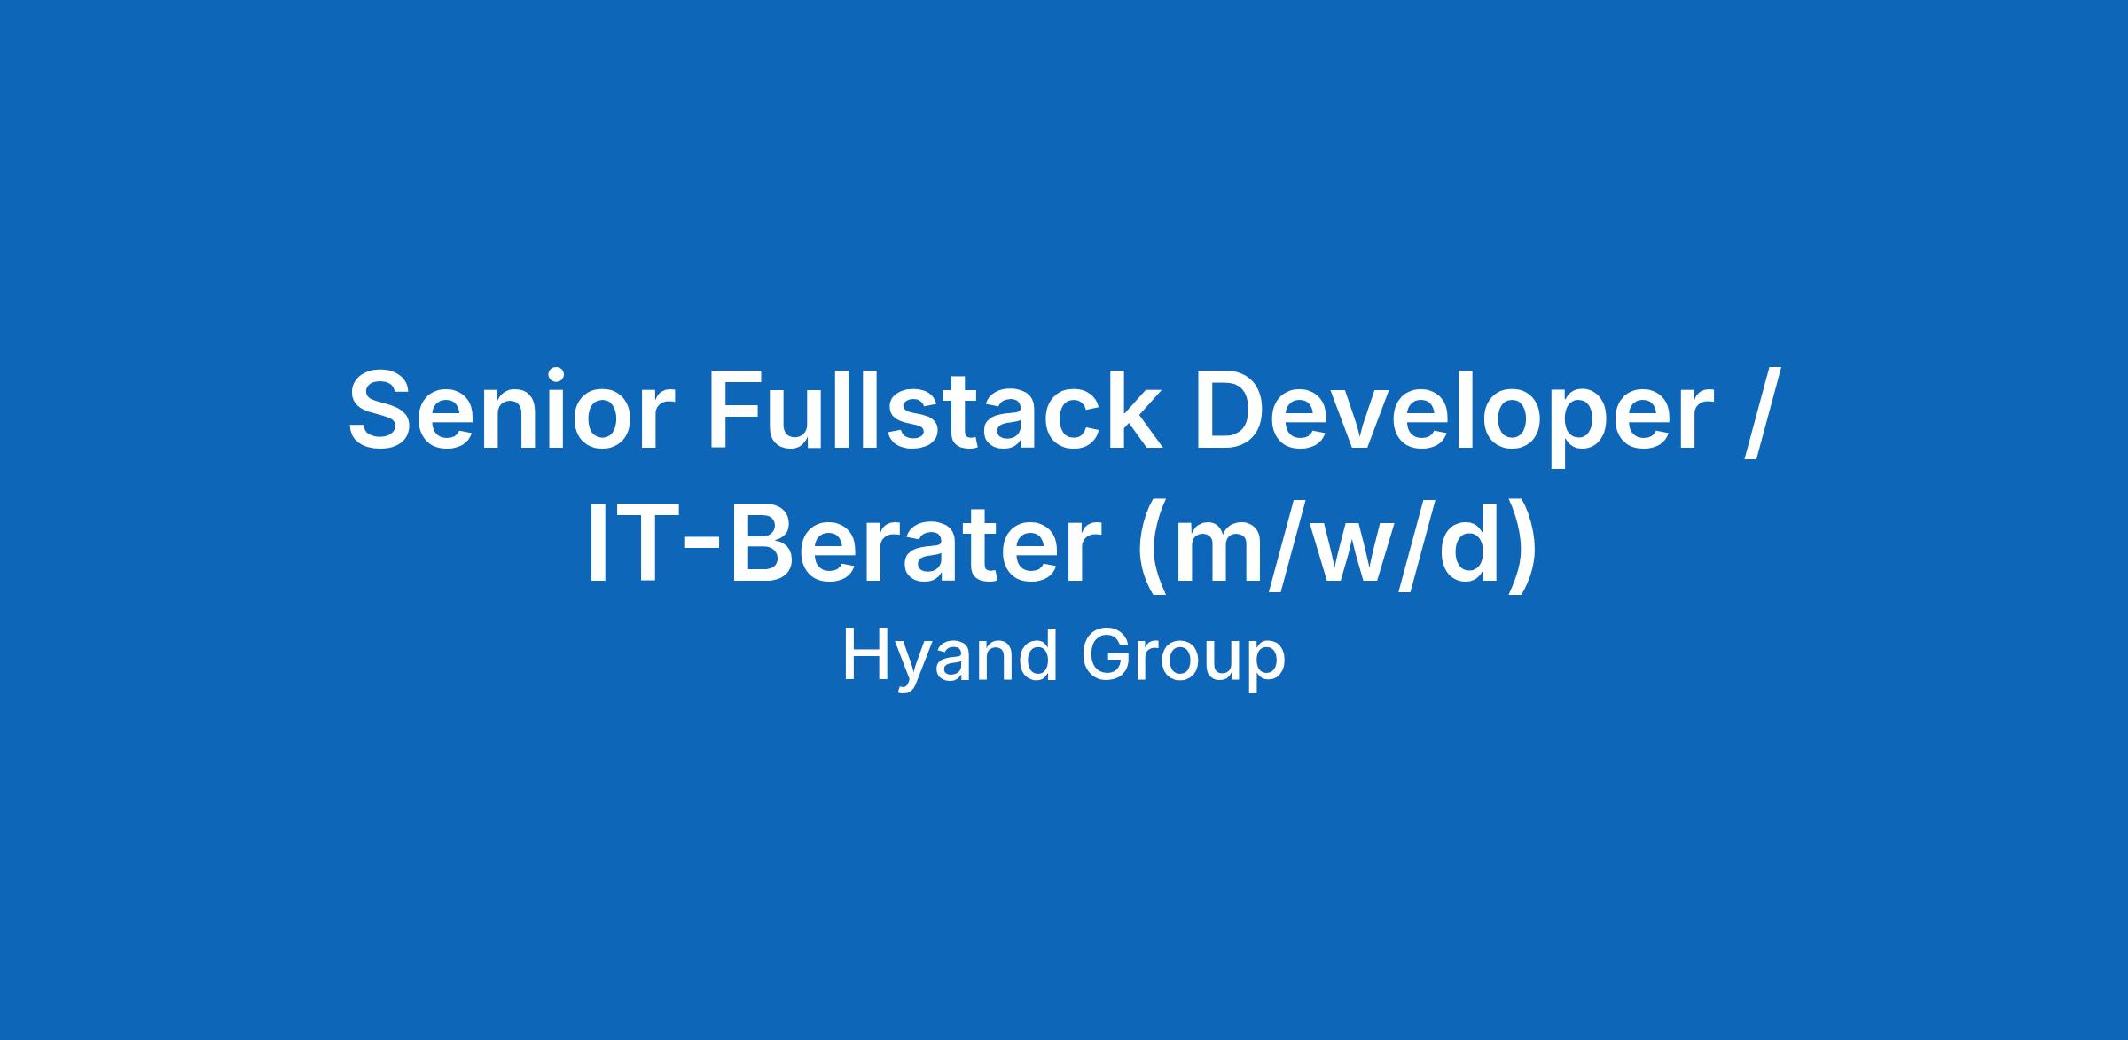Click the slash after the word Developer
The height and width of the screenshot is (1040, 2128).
tap(1761, 412)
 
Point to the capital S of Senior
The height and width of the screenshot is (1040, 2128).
tap(387, 408)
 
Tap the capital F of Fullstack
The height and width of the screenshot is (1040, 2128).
tap(741, 408)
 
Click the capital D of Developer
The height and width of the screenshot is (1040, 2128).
tap(1234, 408)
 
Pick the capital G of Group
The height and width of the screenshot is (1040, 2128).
tap(1108, 655)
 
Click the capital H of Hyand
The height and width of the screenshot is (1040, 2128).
tap(864, 655)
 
